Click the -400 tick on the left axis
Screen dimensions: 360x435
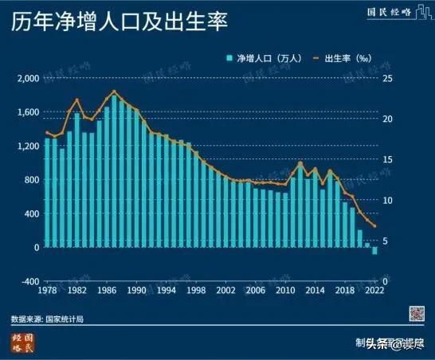pos(29,282)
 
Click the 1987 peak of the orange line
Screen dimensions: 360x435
pos(115,92)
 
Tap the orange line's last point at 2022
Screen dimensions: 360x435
pos(374,226)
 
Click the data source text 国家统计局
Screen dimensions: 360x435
pos(65,319)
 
